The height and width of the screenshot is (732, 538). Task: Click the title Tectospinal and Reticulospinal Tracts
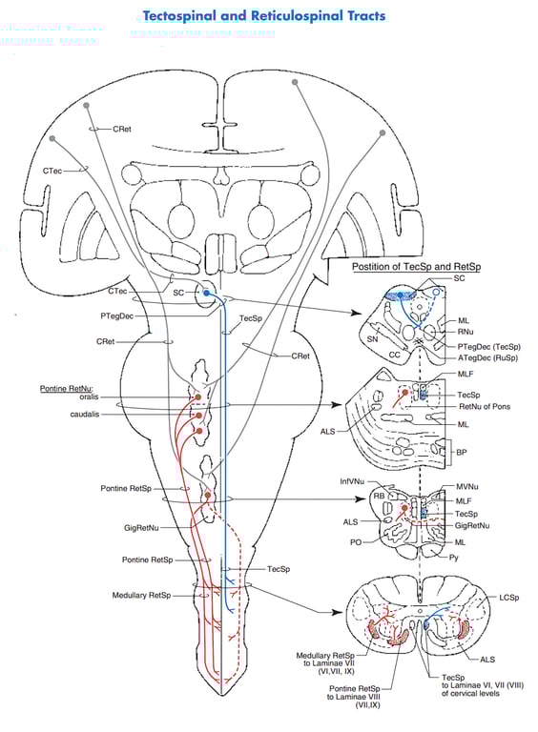coord(263,16)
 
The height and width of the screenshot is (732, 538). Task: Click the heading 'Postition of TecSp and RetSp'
coord(417,267)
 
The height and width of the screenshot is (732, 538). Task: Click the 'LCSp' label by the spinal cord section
coord(508,597)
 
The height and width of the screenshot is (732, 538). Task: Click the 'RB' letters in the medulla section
coord(379,496)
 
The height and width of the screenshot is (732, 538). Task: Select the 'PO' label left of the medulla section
coord(355,542)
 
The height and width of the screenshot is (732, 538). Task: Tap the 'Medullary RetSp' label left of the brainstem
coord(141,596)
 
